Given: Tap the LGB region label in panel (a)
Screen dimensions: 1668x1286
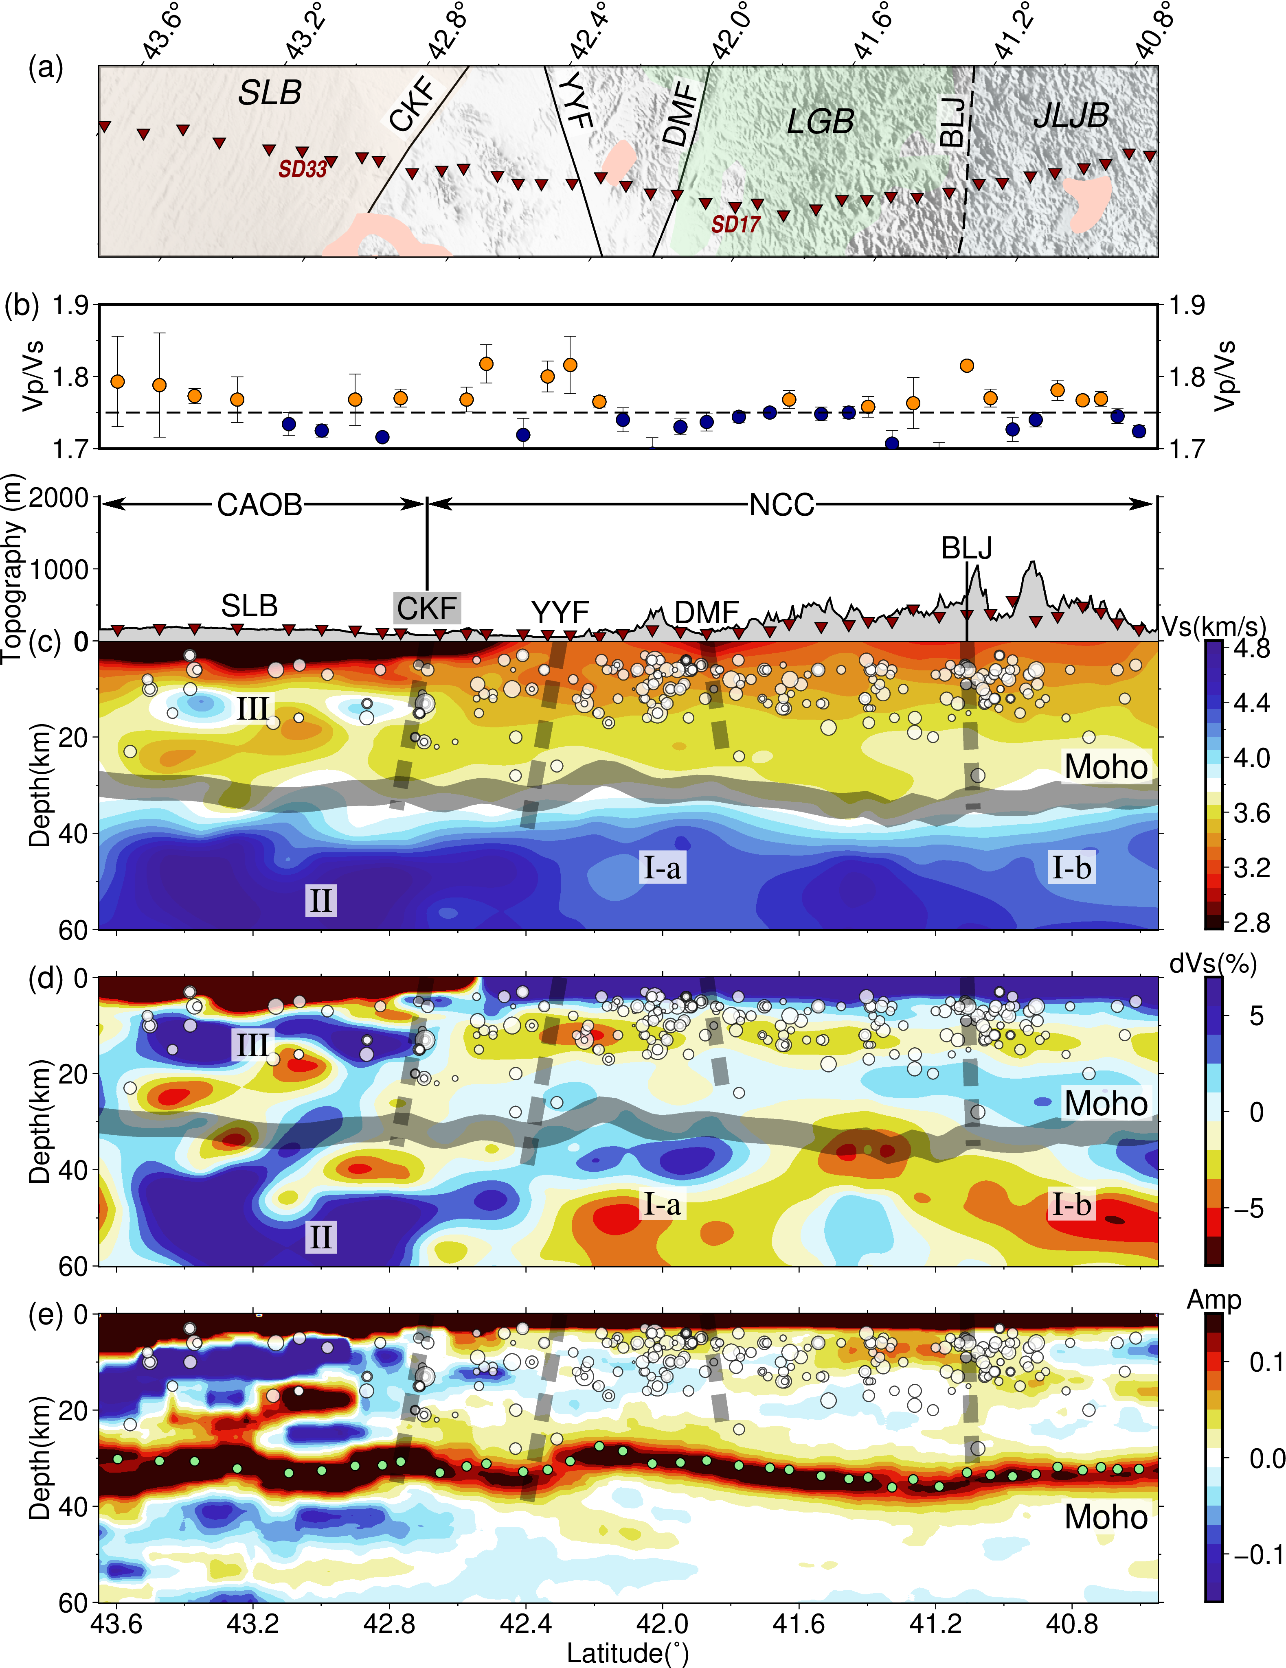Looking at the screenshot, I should [820, 121].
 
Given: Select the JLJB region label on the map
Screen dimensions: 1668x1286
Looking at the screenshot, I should [1071, 115].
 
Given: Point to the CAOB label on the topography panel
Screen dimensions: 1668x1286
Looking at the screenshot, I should [260, 505].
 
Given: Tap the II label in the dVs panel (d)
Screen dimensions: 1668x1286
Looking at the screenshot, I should [320, 1237].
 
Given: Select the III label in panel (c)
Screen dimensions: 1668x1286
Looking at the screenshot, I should [252, 709].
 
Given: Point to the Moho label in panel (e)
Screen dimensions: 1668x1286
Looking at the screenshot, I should [1106, 1517].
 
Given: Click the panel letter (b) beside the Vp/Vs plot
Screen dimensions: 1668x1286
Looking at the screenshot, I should [22, 306].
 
